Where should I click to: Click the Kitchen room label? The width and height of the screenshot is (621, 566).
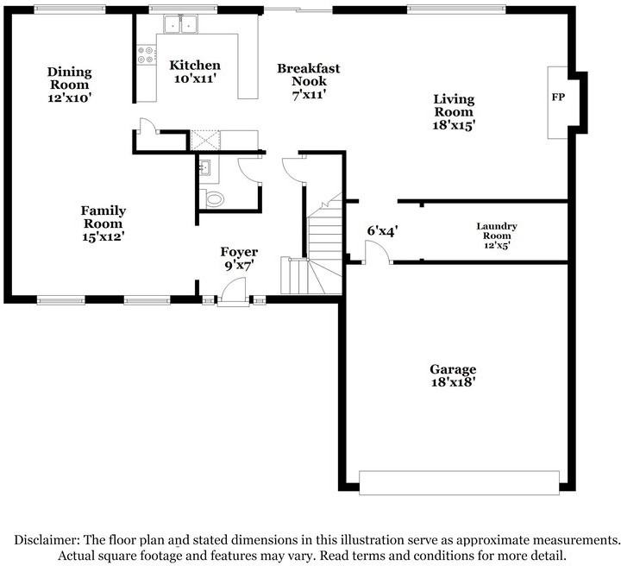pyautogui.click(x=195, y=66)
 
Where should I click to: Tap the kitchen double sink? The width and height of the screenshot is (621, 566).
pyautogui.click(x=180, y=24)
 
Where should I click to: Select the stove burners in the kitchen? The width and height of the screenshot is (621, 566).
pyautogui.click(x=146, y=54)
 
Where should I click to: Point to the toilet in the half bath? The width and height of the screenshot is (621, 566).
pyautogui.click(x=212, y=198)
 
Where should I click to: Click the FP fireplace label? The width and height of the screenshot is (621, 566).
pyautogui.click(x=558, y=97)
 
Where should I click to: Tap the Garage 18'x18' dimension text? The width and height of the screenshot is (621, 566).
pyautogui.click(x=453, y=382)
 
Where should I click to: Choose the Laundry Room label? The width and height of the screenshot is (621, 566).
pyautogui.click(x=497, y=231)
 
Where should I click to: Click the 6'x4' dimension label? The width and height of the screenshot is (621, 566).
pyautogui.click(x=382, y=231)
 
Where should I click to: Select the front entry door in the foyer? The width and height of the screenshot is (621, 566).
pyautogui.click(x=233, y=292)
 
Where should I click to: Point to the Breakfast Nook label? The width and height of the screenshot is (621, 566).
pyautogui.click(x=309, y=74)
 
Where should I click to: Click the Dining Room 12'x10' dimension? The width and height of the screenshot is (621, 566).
pyautogui.click(x=70, y=97)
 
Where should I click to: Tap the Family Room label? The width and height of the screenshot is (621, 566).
pyautogui.click(x=103, y=217)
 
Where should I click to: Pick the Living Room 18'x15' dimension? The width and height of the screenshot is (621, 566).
pyautogui.click(x=454, y=125)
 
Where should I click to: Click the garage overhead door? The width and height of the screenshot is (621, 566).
pyautogui.click(x=459, y=483)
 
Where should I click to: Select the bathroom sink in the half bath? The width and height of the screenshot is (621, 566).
pyautogui.click(x=205, y=167)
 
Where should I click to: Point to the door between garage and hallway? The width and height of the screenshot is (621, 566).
pyautogui.click(x=378, y=254)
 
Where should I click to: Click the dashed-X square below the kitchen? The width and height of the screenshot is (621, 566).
pyautogui.click(x=205, y=141)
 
